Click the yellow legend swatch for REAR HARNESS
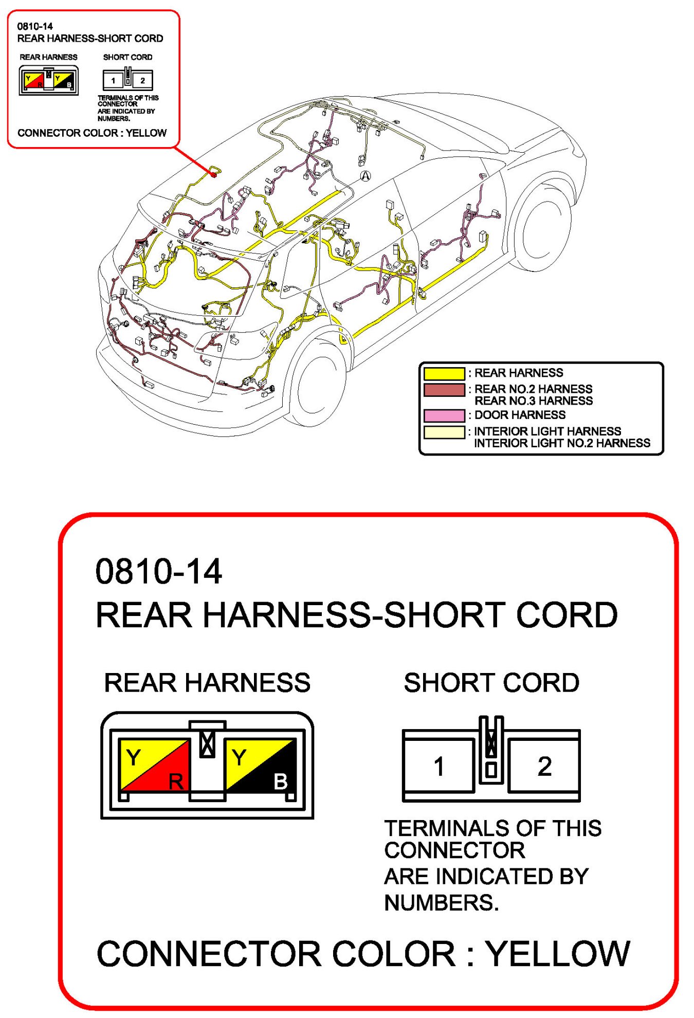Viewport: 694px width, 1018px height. [444, 373]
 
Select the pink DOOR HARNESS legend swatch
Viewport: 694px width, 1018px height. [444, 415]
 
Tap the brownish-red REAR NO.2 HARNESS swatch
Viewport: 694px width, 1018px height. [444, 390]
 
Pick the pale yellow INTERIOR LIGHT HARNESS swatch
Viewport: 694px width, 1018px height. [444, 432]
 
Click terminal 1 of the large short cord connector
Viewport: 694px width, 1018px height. [439, 766]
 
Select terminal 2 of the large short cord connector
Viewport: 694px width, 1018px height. [544, 766]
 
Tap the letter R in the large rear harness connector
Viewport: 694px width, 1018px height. [176, 781]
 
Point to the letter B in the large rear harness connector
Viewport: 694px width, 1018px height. [281, 781]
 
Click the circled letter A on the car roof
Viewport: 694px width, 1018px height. [365, 176]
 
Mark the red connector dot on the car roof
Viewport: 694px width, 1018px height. [214, 175]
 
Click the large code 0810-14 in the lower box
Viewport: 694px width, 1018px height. [159, 572]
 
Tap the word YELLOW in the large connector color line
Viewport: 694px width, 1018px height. [558, 954]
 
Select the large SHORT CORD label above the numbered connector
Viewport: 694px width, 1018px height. [491, 683]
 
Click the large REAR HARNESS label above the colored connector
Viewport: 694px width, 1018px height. [207, 683]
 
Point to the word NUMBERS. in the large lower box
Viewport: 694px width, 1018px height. [442, 903]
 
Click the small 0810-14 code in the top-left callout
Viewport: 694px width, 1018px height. [35, 26]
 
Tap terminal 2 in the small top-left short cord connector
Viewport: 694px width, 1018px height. [142, 81]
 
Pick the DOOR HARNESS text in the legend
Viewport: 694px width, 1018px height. [520, 415]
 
